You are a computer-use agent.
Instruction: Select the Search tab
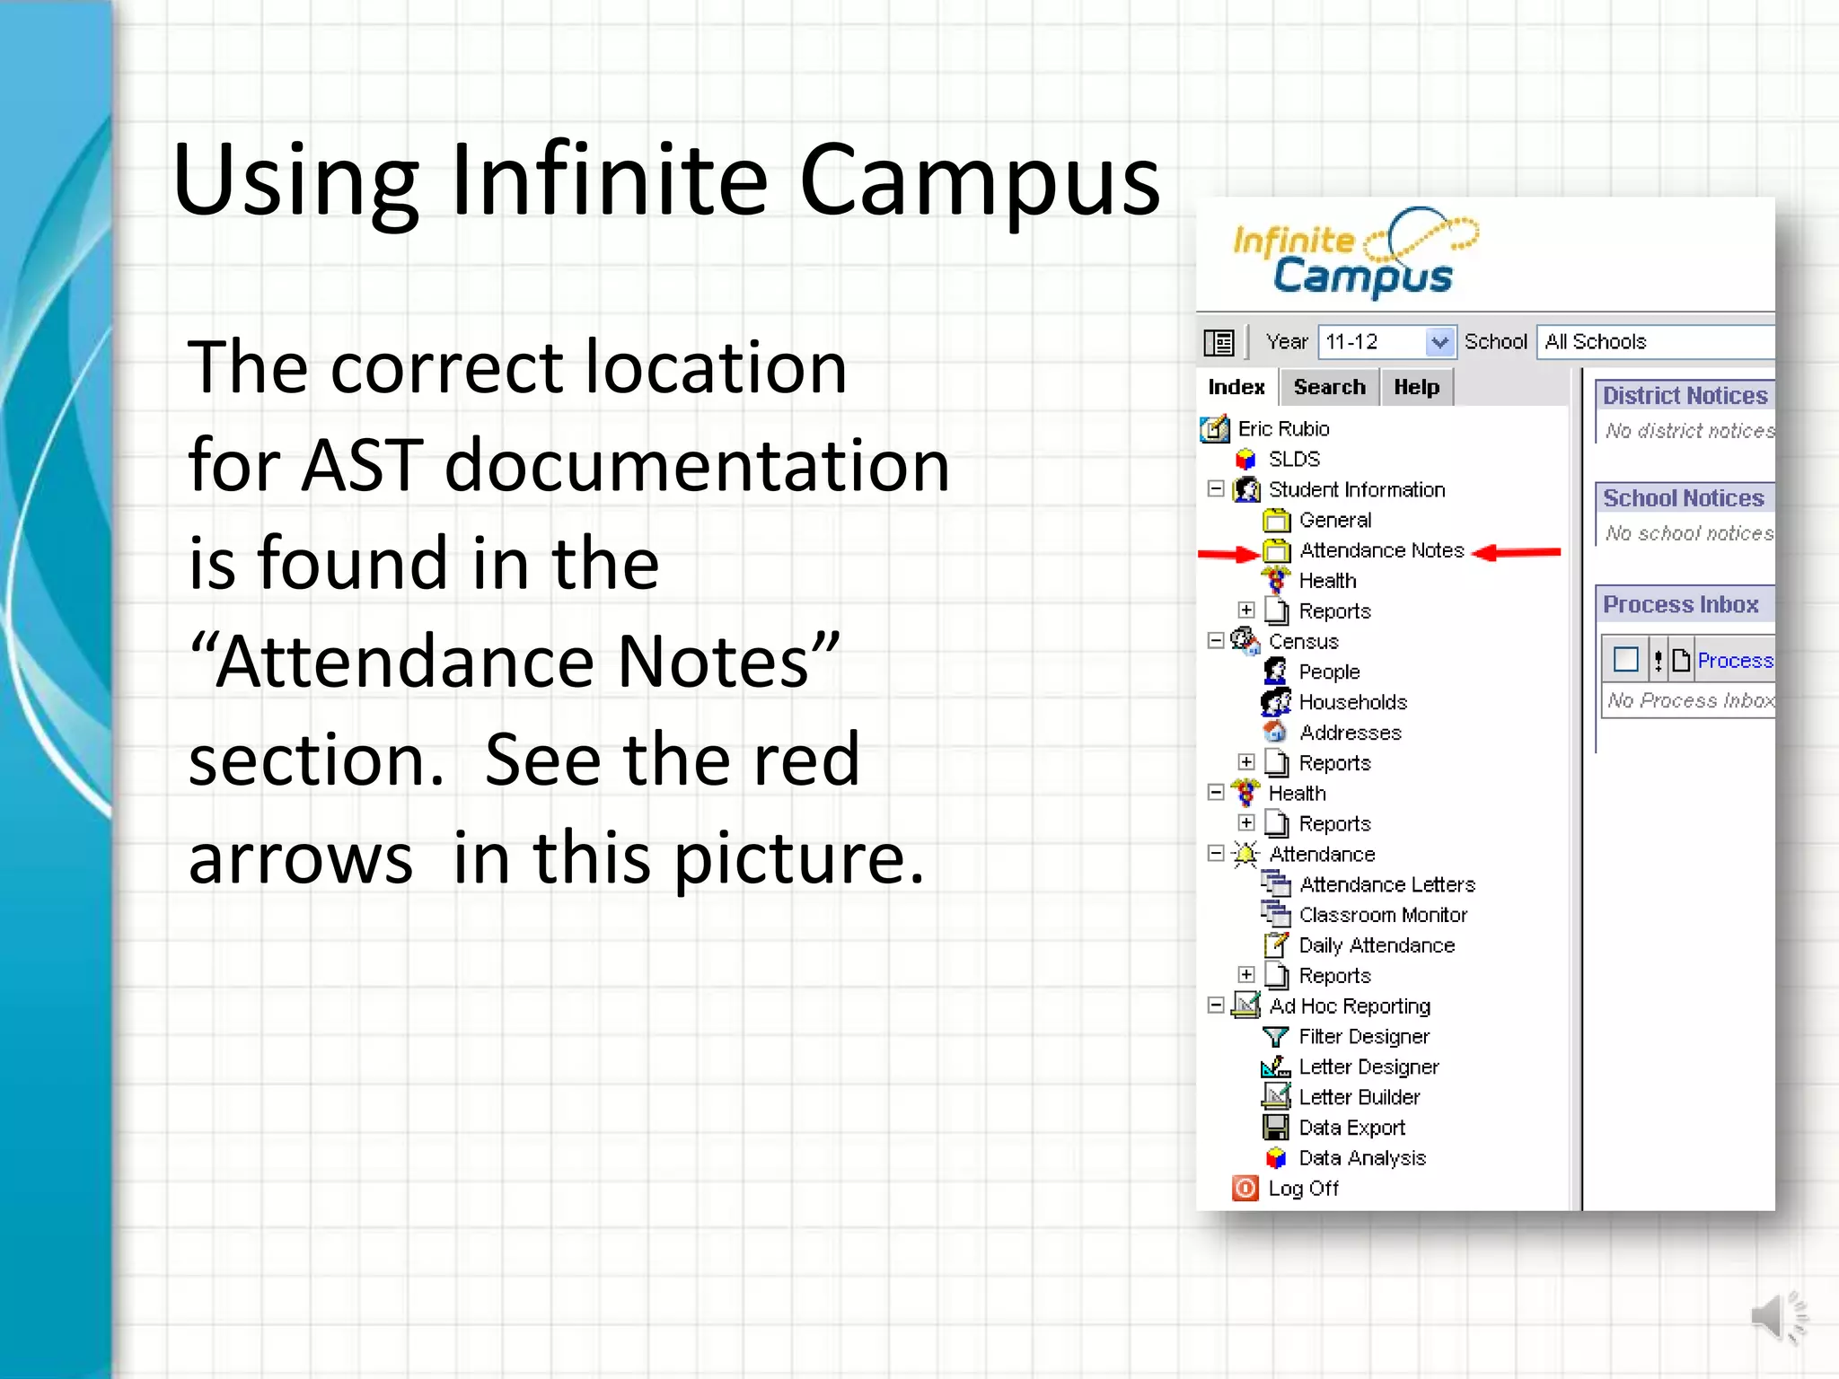1329,387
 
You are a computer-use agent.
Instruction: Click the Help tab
1416,387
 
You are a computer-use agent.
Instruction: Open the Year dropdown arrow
1439,342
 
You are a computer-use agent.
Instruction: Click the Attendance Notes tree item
1381,550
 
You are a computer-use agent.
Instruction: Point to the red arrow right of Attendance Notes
1517,552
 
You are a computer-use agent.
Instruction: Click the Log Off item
1302,1189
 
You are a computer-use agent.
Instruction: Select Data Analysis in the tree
1361,1158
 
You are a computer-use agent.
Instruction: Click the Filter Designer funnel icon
1275,1037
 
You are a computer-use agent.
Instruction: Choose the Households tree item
1352,702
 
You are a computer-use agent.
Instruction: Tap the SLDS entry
1293,459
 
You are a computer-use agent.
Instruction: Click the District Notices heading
1685,396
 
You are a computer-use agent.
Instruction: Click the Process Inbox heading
1680,604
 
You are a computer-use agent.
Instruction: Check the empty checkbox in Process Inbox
1625,660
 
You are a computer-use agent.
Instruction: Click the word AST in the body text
361,465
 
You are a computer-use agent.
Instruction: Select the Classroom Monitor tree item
1382,915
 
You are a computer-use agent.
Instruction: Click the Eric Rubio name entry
1283,428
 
